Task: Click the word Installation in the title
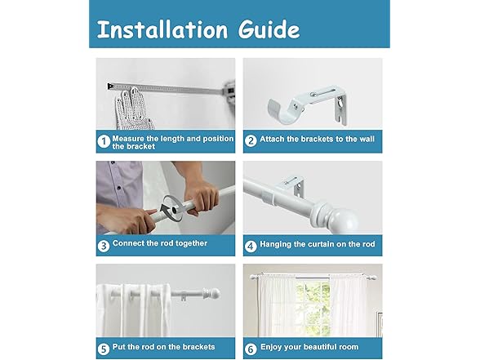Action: (x=162, y=29)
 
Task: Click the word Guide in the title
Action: (x=269, y=29)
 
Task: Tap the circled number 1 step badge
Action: (x=104, y=142)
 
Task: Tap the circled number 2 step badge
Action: (x=251, y=140)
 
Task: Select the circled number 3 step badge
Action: (x=104, y=246)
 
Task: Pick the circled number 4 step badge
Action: (x=251, y=246)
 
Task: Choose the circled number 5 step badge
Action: (x=104, y=349)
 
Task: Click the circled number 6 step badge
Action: (x=251, y=349)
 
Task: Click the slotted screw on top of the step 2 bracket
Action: (x=312, y=95)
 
